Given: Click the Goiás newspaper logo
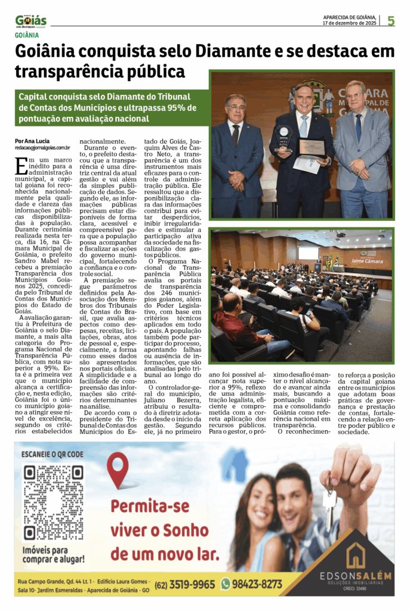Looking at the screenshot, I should coord(30,21).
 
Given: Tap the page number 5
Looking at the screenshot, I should coord(391,21).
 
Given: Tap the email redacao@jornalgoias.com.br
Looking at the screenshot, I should coord(43,147).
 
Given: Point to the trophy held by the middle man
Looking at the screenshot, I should coord(284,136).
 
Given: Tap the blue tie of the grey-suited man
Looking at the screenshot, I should coord(358,128).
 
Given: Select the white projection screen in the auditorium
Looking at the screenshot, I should coord(309,253).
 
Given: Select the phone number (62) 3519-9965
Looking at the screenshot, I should coord(184,584).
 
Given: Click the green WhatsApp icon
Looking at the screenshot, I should coord(225,584).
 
